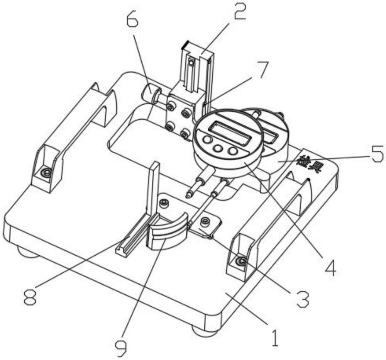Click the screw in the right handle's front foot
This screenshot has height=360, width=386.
coord(242,263)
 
